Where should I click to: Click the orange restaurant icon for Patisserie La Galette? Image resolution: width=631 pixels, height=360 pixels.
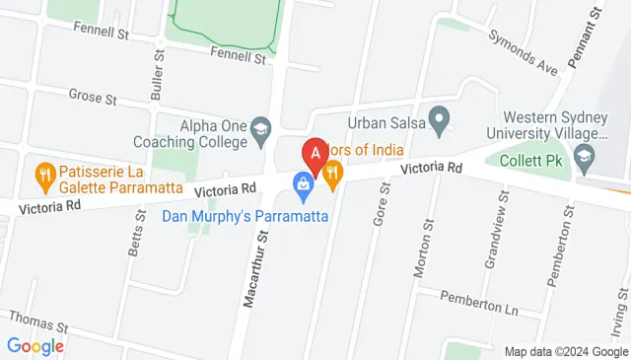[44, 178]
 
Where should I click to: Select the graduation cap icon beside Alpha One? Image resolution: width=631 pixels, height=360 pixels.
[261, 126]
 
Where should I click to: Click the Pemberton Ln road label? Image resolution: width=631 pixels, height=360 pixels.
[479, 299]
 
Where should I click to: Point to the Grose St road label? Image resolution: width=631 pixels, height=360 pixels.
[93, 97]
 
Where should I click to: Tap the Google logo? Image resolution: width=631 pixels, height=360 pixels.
[35, 345]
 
